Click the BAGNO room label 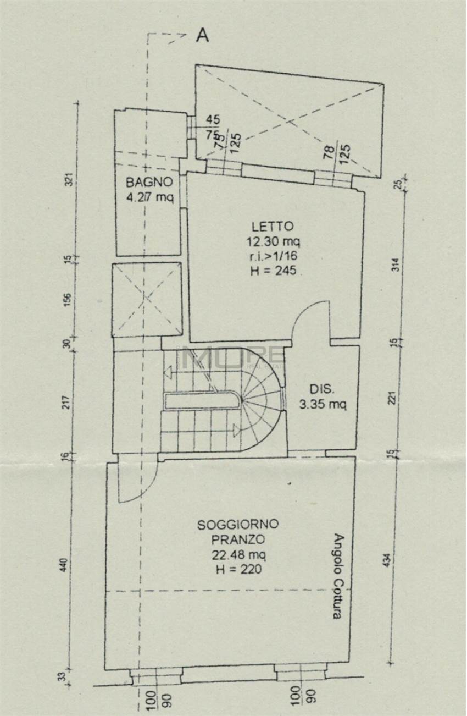[x=149, y=182]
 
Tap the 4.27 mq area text [x=149, y=197]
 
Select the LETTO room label [x=273, y=226]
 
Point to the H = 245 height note [x=273, y=270]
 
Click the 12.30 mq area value [x=273, y=241]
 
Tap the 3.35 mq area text [x=323, y=405]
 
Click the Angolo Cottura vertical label [x=338, y=576]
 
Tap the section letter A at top [x=203, y=36]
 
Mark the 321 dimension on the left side [x=69, y=180]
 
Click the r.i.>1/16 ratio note [x=273, y=256]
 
